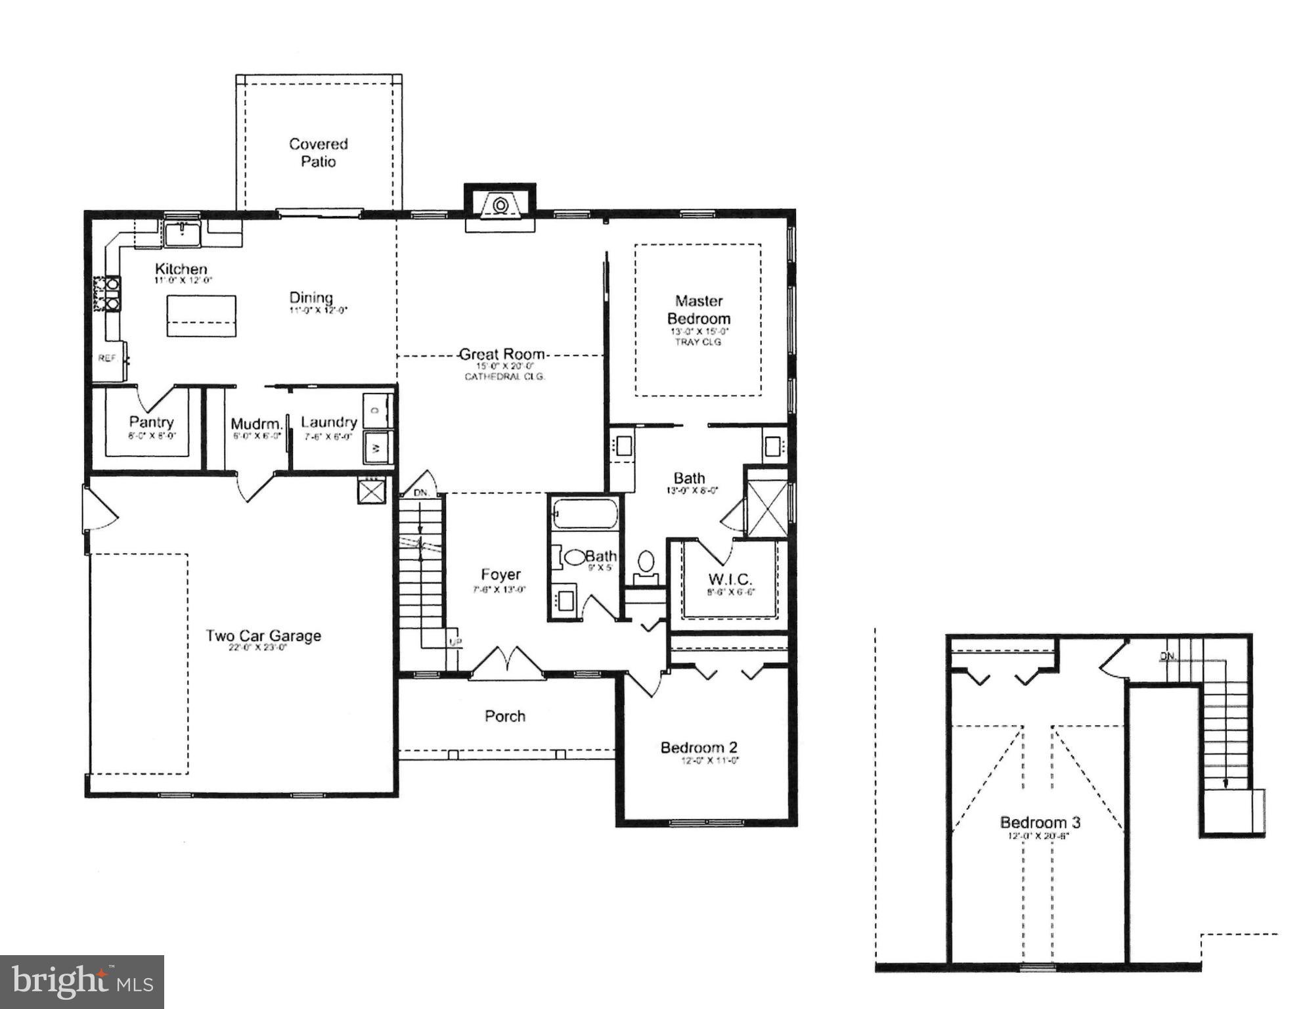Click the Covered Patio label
319,152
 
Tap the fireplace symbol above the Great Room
500,205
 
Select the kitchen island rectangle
201,315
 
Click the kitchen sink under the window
183,233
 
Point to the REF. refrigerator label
108,358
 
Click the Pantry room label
151,422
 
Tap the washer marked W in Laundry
377,448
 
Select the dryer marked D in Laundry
377,411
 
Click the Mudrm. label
256,424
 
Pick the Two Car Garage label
263,635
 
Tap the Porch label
505,716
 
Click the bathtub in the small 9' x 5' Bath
585,514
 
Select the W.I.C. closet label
730,579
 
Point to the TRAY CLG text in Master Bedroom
698,342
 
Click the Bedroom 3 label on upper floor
1040,822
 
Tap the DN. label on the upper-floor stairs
1168,656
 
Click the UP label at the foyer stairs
454,642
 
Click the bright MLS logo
82,981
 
